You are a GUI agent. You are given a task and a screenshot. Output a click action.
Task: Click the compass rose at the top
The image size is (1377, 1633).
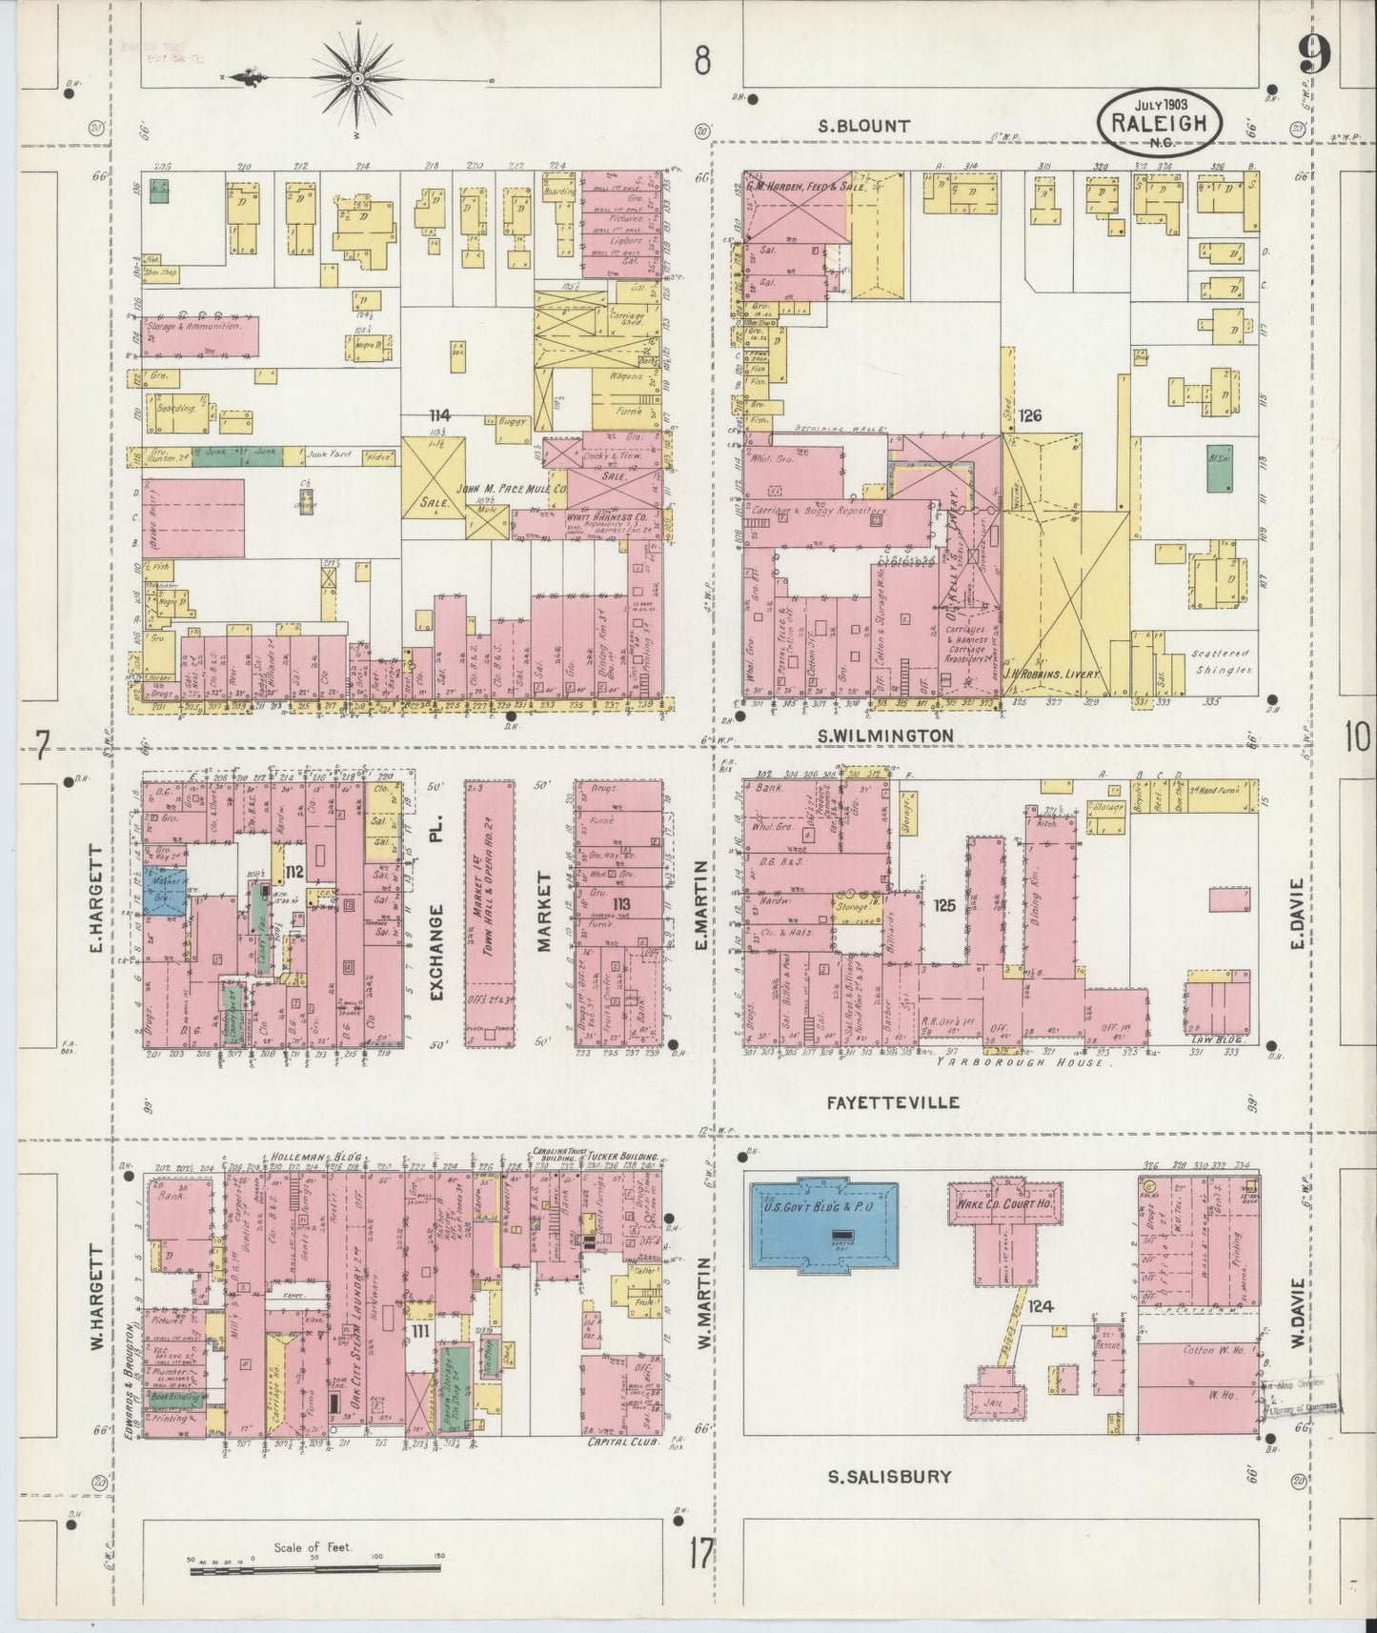(x=356, y=77)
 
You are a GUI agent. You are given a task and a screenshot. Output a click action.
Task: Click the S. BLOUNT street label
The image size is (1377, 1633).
(x=866, y=125)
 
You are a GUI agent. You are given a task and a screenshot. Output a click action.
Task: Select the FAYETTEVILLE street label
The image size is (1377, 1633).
(x=892, y=1102)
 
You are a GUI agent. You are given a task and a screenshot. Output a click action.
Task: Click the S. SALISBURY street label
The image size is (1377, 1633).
(x=888, y=1477)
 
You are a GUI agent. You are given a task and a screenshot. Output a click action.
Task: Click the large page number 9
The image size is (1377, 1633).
(x=1314, y=60)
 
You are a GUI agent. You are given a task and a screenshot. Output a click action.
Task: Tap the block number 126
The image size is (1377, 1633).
(x=1029, y=416)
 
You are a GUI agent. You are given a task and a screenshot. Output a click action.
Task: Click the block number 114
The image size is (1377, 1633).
(x=439, y=415)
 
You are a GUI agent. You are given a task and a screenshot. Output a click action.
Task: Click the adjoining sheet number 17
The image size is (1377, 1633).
(x=701, y=1554)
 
